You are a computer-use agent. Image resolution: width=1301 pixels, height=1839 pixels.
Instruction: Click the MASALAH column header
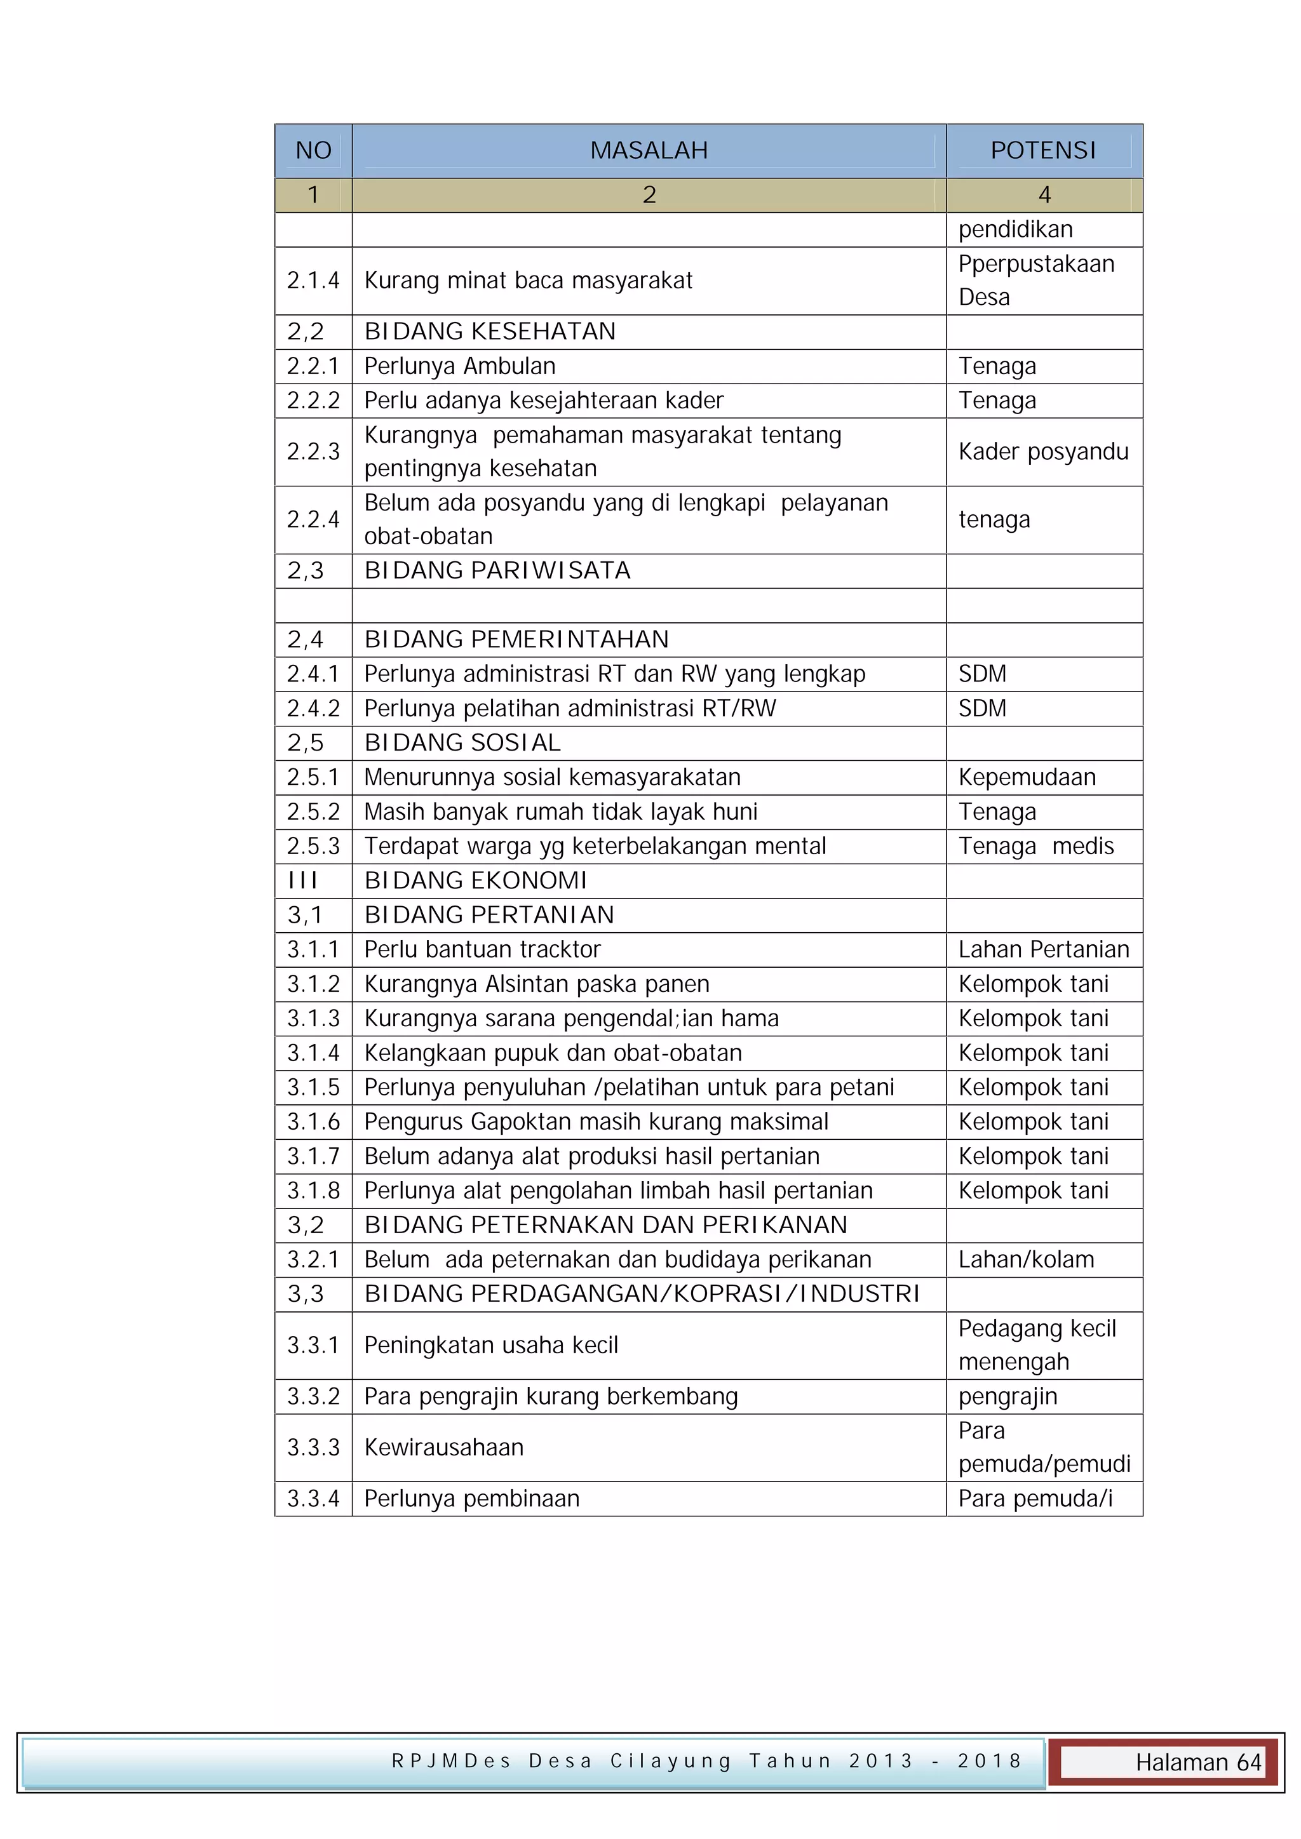pos(649,150)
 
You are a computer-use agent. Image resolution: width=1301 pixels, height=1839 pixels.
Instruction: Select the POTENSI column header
pos(1043,150)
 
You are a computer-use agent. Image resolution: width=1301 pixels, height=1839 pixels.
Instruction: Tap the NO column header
pos(313,150)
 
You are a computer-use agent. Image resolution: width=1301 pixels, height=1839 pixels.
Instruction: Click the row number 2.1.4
pos(313,280)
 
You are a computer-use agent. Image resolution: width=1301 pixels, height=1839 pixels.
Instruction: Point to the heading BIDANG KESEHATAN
pos(490,331)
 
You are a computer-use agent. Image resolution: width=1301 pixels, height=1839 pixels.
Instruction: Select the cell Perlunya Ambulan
pos(459,366)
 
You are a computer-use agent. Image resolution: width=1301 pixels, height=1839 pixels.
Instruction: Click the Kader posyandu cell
pos(1043,451)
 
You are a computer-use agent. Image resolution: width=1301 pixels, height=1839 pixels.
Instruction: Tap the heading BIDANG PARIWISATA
pos(497,570)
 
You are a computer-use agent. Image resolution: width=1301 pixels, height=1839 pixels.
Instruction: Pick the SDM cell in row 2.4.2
pos(982,708)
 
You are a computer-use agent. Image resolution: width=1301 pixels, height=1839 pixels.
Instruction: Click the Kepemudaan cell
pos(1027,777)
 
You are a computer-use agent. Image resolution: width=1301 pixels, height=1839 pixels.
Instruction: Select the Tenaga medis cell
pos(1036,846)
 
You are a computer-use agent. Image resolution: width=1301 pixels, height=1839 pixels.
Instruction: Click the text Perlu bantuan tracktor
pos(482,949)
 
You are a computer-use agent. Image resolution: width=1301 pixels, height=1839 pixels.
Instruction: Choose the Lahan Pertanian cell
pos(1043,949)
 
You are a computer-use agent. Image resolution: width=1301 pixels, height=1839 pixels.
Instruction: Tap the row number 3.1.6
pos(313,1121)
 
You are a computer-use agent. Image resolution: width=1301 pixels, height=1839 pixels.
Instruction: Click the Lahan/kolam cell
pos(1026,1259)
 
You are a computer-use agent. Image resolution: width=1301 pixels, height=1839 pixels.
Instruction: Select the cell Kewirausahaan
pos(444,1447)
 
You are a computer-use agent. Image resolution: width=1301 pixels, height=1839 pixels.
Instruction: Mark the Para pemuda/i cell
pos(1035,1499)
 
